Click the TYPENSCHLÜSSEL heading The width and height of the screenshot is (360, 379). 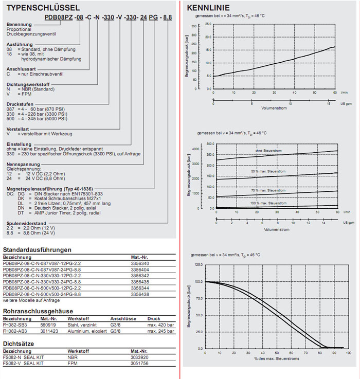pyautogui.click(x=41, y=8)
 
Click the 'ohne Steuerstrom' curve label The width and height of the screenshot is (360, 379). pyautogui.click(x=266, y=150)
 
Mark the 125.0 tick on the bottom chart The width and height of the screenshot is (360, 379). pyautogui.click(x=197, y=265)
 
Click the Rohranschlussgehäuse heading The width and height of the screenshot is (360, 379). pyautogui.click(x=38, y=311)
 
